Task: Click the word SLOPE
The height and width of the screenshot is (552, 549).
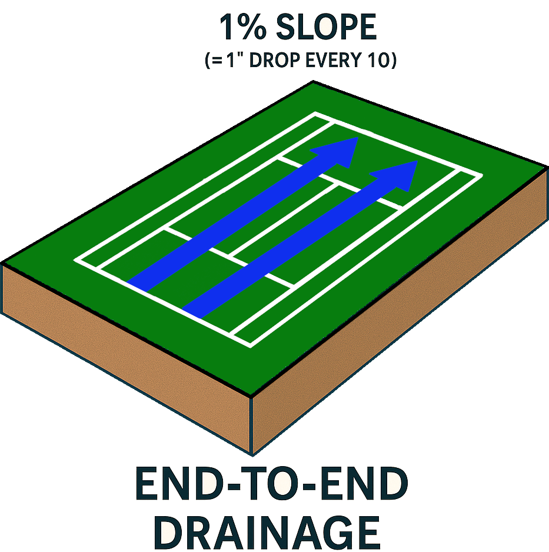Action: (x=327, y=27)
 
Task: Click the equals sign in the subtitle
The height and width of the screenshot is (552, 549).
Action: (x=218, y=61)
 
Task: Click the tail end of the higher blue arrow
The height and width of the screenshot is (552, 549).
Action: (x=137, y=287)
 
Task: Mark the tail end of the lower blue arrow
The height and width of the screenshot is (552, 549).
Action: (x=192, y=313)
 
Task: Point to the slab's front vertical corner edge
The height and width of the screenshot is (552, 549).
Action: (x=251, y=425)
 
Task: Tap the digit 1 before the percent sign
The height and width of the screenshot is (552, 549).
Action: (x=227, y=27)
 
